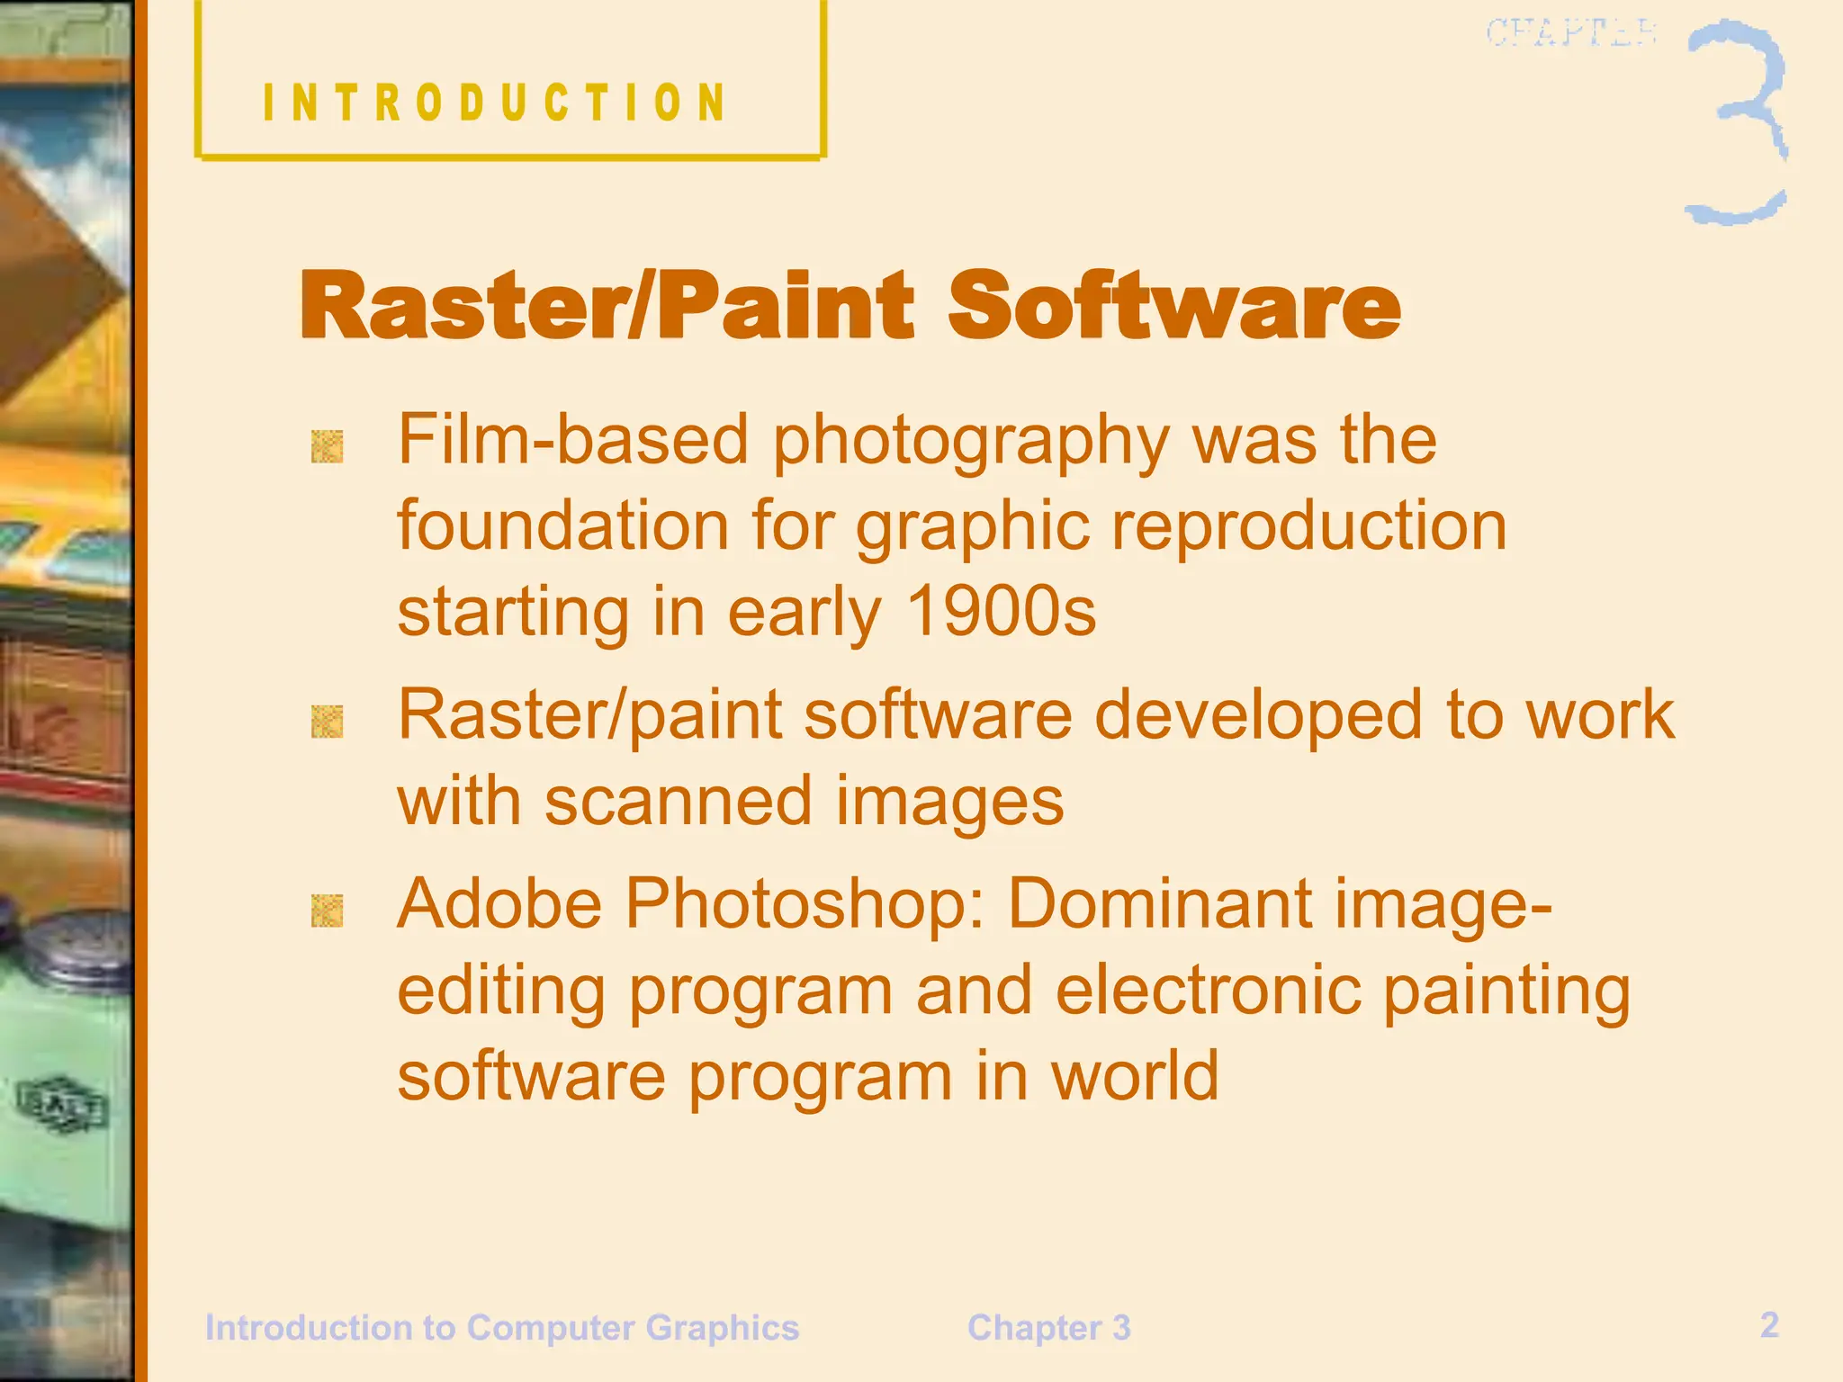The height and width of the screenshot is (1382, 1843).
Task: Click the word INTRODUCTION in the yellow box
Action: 494,102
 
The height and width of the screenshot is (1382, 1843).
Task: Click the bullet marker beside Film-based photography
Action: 327,446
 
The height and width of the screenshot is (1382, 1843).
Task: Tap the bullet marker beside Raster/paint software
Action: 327,722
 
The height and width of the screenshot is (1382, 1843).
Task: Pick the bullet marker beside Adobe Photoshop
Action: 327,911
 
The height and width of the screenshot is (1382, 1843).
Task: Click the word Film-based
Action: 573,439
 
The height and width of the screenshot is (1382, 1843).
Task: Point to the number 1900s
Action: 1001,612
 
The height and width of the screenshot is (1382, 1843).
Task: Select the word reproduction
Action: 1309,525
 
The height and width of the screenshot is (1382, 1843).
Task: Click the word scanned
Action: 679,801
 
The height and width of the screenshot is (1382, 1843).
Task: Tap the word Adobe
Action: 499,902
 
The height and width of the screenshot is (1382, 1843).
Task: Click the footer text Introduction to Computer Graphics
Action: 502,1328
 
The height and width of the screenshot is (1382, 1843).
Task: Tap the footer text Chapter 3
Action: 1048,1328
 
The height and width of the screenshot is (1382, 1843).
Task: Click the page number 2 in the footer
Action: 1769,1324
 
